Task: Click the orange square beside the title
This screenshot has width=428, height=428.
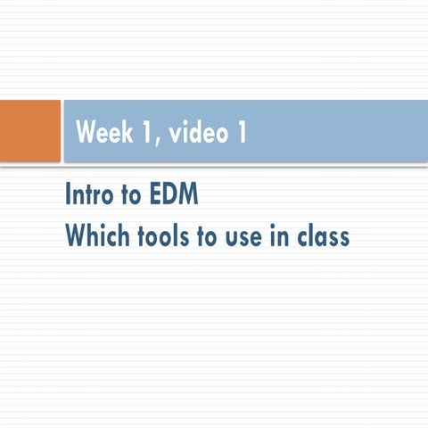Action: point(29,131)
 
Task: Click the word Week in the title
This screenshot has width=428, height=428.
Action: point(102,132)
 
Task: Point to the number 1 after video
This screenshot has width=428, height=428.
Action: point(240,132)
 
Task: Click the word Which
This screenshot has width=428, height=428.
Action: point(99,236)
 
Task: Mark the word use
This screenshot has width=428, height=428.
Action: point(257,238)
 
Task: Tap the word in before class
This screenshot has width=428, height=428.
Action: point(292,236)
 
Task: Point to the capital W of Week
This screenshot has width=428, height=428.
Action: point(86,132)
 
